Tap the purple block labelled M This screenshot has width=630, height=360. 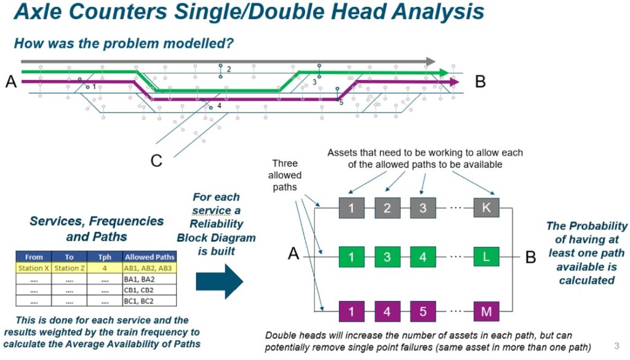coord(486,311)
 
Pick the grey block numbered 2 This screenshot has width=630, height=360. coord(387,208)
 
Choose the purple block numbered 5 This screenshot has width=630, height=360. coord(423,311)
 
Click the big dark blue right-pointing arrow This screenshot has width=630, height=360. coord(219,281)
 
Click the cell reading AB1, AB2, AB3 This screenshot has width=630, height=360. coord(149,268)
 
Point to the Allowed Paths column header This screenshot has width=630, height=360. coord(149,257)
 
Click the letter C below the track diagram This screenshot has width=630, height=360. coord(157,161)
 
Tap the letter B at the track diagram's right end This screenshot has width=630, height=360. coord(480,81)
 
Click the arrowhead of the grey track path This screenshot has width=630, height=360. coord(431,62)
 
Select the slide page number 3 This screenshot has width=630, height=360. coord(616,345)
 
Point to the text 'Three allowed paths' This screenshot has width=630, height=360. coord(285,175)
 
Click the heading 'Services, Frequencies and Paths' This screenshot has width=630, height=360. coord(97,228)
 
